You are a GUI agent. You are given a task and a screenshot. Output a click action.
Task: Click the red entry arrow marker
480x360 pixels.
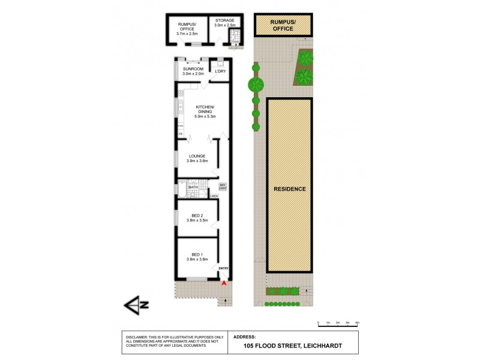[x=224, y=282]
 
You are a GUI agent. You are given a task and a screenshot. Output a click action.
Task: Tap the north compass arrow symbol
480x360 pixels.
[x=136, y=305]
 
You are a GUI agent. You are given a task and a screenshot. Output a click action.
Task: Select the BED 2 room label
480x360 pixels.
[x=197, y=218]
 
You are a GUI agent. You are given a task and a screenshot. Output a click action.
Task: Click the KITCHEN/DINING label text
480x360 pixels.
[x=205, y=109]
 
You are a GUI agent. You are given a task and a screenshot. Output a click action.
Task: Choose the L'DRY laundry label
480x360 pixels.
[x=220, y=71]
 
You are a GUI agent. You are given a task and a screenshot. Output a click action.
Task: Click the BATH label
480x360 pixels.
[x=193, y=188]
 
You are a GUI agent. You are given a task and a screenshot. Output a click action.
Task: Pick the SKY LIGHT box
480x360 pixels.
[x=223, y=185]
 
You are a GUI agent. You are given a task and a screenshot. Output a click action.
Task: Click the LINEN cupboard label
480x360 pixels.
[x=214, y=196]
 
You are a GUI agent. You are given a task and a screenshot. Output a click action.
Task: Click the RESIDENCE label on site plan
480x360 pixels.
[x=290, y=189]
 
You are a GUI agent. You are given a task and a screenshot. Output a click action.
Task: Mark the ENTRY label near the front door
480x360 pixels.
[x=223, y=268]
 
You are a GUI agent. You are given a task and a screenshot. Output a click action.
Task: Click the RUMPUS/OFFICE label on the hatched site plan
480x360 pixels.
[x=283, y=26]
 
